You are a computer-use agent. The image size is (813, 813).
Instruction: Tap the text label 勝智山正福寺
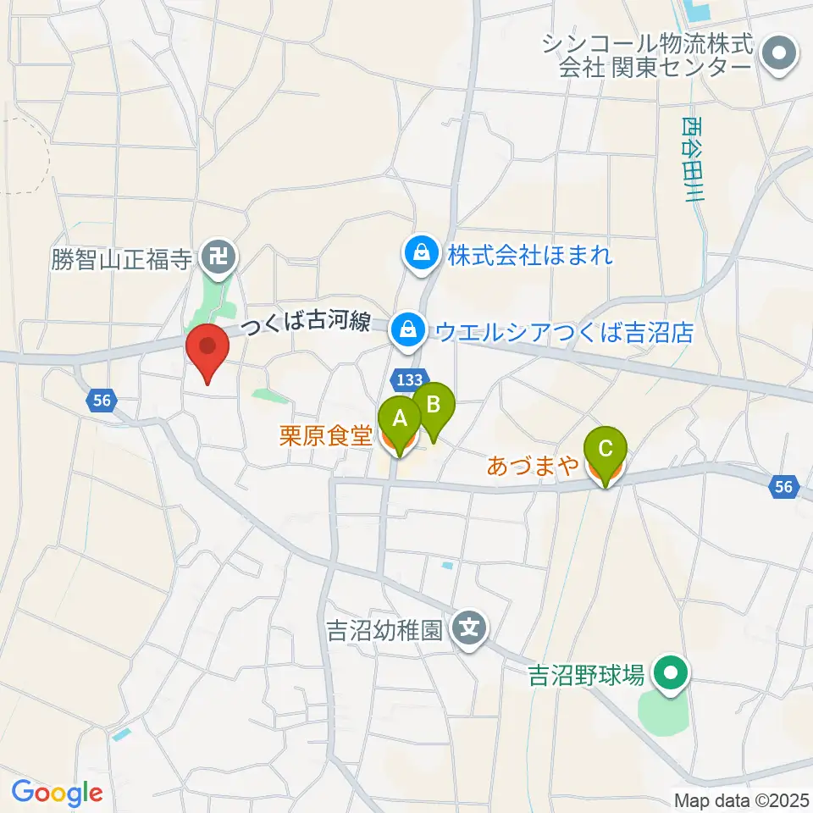coord(119,257)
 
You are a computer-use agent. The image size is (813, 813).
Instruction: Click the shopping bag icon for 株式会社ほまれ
coord(420,252)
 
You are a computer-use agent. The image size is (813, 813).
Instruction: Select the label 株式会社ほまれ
coord(529,253)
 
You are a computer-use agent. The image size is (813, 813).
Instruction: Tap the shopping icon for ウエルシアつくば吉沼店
coord(408,330)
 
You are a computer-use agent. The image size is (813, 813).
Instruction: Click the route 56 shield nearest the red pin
coord(101,401)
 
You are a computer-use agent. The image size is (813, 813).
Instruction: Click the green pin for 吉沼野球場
coord(672,675)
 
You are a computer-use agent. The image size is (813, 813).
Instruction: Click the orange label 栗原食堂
coord(326,437)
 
